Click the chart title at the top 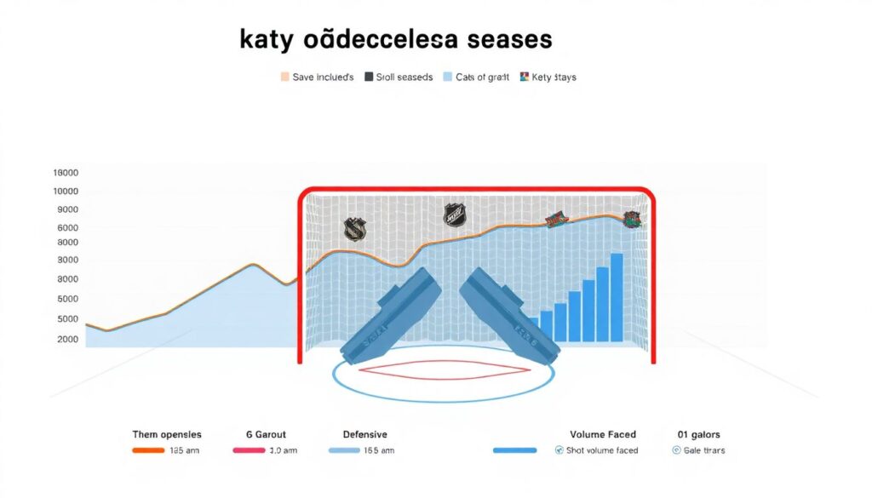tap(395, 39)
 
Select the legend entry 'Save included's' tap(317, 77)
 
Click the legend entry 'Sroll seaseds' tap(399, 77)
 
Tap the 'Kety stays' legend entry tap(547, 77)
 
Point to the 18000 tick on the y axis tap(66, 173)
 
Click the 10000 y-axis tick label tap(66, 192)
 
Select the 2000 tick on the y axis tap(68, 340)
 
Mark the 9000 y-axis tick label tap(68, 210)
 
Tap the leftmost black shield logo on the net tap(354, 228)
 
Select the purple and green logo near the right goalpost tap(631, 220)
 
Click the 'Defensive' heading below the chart tap(364, 435)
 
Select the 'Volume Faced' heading tap(604, 435)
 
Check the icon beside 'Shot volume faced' tap(559, 450)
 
